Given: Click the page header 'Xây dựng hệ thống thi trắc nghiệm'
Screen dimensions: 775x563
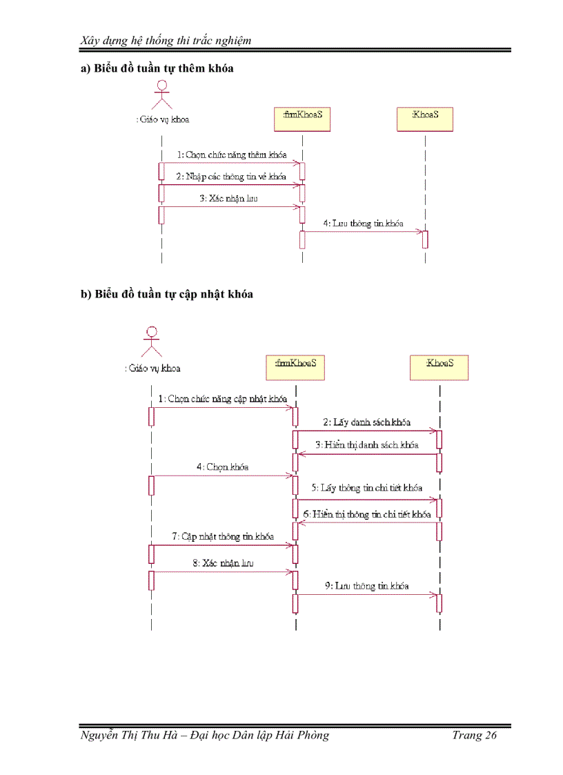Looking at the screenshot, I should pos(166,40).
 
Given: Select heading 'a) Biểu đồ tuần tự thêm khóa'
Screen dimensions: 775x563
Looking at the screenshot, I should pos(157,68).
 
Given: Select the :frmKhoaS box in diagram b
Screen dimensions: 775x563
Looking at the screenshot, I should pos(295,366).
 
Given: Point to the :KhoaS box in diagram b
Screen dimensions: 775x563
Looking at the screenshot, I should pos(439,366).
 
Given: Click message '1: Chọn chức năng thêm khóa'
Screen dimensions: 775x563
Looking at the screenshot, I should pos(231,155).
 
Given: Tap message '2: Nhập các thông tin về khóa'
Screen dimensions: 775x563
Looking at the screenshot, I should pos(230,177).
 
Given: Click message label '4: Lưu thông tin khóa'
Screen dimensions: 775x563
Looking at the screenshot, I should pos(363,224).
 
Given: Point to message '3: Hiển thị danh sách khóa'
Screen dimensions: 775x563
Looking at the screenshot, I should pos(366,445).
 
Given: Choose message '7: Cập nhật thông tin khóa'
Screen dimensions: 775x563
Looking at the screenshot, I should pos(222,536).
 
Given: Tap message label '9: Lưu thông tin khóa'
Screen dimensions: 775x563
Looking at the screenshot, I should pos(366,586).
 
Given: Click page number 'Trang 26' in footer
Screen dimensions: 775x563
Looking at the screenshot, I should pos(474,735).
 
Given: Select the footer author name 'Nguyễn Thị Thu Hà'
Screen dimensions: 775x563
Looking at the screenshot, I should pos(132,735).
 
